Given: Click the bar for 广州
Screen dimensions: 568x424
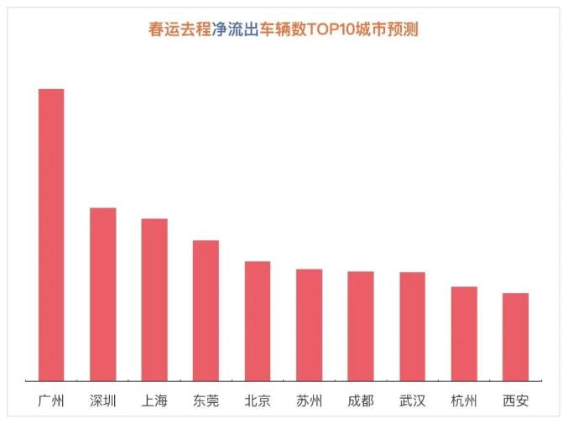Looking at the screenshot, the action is coord(51,235).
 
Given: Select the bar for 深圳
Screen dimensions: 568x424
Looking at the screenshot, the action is coord(103,294).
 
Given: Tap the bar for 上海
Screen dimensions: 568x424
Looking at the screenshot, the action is coord(154,300).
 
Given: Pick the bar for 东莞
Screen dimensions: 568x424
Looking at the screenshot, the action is coord(206,311).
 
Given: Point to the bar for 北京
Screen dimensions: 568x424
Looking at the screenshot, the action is coord(258,321).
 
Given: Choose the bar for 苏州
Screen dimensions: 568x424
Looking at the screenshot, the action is coord(309,325).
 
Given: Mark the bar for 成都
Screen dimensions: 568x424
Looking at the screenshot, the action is coord(361,326).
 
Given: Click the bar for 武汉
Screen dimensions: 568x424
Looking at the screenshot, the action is coord(412,327).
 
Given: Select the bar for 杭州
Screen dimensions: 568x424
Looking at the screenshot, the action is coord(464,334).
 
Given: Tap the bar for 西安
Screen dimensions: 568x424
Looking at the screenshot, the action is coord(515,337).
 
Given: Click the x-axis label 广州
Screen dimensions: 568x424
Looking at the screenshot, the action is coord(51,400).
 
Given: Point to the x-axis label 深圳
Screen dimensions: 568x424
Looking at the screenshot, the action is coord(103,400).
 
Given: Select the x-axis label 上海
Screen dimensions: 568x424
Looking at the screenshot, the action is coord(154,400).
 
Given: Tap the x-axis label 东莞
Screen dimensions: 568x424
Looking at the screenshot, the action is coord(206,400).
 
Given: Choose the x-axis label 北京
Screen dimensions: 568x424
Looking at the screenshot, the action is coord(258,400).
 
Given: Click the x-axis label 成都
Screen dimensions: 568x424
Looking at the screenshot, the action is coord(361,400).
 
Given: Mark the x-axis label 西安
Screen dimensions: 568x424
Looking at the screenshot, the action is coord(515,400).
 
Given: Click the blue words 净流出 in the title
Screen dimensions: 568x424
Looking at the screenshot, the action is coord(236,29).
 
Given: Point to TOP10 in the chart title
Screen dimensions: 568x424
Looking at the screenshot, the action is coord(331,29).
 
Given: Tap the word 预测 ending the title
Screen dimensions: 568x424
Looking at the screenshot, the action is coord(403,29).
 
